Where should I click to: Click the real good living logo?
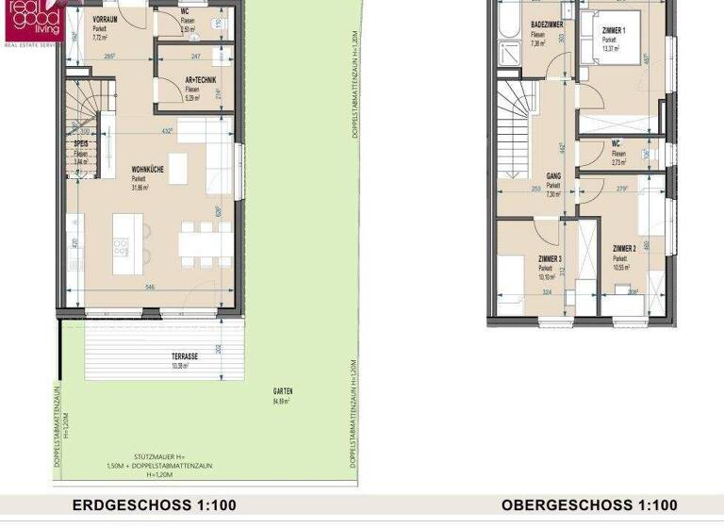(34, 21)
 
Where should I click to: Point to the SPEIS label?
(81, 144)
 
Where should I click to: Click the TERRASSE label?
(185, 356)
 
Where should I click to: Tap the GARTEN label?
(283, 391)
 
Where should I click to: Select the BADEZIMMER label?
(548, 25)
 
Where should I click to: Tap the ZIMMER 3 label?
(551, 258)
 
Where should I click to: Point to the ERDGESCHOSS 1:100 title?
(155, 505)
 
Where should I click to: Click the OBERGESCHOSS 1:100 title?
(589, 505)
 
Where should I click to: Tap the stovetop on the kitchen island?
(123, 248)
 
